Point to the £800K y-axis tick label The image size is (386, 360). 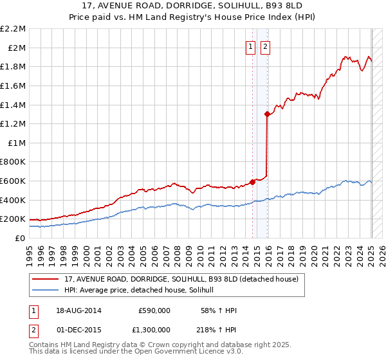click(x=13, y=162)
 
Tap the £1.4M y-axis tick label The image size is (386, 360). click(x=13, y=105)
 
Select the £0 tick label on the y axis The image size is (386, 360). click(x=20, y=238)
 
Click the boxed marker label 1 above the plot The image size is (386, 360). click(x=249, y=46)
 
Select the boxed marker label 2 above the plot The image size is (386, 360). click(x=264, y=46)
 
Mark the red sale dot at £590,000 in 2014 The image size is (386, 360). click(x=253, y=182)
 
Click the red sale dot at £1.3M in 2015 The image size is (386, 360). click(x=267, y=114)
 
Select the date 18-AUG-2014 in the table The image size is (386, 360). click(x=79, y=310)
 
